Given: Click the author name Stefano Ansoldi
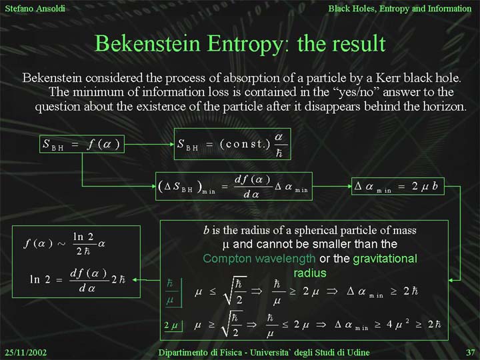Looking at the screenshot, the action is click(x=35, y=8).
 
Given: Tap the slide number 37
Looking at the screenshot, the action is click(x=471, y=353).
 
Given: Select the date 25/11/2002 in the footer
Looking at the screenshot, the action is click(x=26, y=353).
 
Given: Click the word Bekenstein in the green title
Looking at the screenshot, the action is click(x=147, y=43).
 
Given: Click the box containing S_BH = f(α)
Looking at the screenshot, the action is click(x=82, y=144).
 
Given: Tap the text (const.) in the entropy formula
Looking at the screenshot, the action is click(x=245, y=144).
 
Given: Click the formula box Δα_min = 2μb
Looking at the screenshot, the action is click(x=397, y=186).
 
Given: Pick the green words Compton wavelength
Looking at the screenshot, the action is click(x=259, y=259).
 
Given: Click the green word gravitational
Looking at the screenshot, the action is click(x=385, y=259).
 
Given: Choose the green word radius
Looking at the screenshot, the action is click(x=310, y=273).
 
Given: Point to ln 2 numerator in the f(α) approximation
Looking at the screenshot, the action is click(x=83, y=237).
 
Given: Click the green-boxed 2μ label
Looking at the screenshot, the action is click(x=171, y=325).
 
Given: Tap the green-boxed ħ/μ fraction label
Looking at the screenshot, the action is click(x=170, y=293).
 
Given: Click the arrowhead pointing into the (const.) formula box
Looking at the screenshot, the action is click(x=172, y=144).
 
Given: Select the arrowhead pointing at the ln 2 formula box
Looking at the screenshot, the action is click(x=135, y=279).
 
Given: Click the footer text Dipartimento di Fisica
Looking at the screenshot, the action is click(x=200, y=353).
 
